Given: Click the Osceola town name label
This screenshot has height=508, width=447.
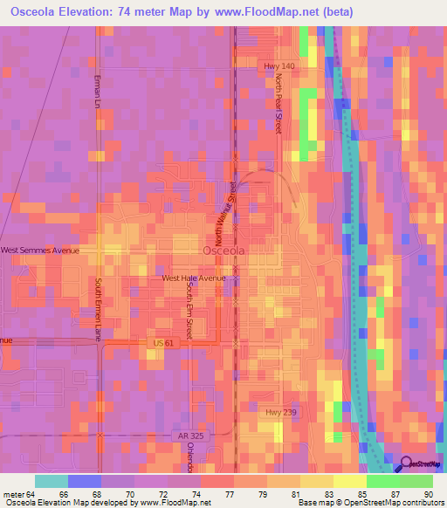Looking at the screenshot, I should pos(223,251).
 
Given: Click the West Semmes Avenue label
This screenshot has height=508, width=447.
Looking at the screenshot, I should pos(39,251).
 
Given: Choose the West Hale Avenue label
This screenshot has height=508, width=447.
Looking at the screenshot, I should pos(194,278).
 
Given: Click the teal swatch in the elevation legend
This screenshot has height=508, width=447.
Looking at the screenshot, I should pos(51,481).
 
